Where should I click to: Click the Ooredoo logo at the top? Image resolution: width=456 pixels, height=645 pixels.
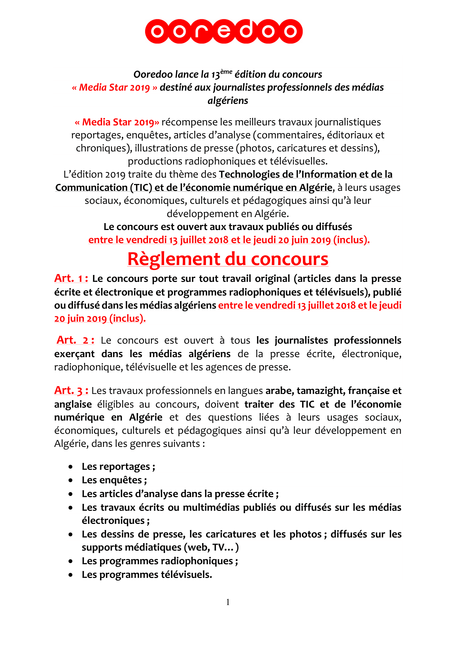tap(224, 31)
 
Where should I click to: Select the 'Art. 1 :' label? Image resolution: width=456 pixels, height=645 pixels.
tap(71, 279)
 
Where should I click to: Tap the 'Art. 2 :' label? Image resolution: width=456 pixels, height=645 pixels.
tap(75, 340)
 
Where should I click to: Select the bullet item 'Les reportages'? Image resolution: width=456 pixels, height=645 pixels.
tap(118, 467)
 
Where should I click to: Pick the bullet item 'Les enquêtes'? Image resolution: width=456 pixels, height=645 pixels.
tap(114, 480)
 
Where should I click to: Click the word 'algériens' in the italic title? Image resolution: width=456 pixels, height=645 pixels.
tap(228, 101)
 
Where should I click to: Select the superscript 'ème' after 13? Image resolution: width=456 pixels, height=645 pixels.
tap(226, 72)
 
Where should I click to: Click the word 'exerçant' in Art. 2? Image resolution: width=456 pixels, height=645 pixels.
tap(74, 354)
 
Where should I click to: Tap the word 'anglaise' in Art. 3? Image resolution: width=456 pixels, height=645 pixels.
tap(73, 404)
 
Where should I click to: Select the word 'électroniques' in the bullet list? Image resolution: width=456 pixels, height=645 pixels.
tap(113, 521)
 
